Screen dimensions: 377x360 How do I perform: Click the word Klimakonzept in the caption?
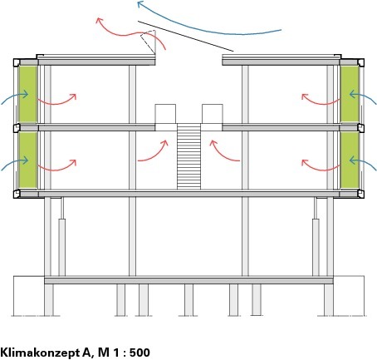coord(40,353)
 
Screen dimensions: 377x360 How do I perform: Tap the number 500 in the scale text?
coord(140,353)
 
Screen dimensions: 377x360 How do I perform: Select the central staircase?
coord(188,156)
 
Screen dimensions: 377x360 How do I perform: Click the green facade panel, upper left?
coord(27,94)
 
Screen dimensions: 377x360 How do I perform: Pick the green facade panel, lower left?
coord(27,160)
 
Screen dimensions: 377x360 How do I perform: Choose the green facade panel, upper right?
coord(350,94)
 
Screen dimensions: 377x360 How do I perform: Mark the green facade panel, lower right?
coord(350,160)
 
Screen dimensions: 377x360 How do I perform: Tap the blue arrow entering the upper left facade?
coord(15,96)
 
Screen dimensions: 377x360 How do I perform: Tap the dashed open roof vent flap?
coord(149,42)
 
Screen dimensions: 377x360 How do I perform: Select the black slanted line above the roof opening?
coord(186,37)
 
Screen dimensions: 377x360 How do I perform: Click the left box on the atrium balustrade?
coord(165,114)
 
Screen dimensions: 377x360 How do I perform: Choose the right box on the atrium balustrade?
coord(213,114)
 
